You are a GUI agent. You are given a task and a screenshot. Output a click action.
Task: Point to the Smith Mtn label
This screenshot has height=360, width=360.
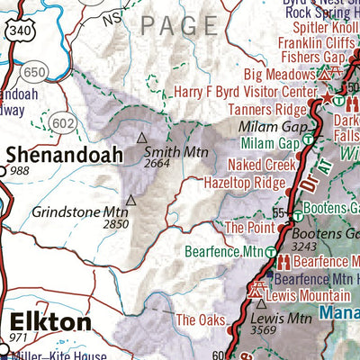(169, 151)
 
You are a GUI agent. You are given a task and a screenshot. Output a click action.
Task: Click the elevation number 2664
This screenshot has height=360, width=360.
(157, 163)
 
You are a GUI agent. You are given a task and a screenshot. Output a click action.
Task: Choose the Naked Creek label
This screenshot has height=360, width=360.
(263, 165)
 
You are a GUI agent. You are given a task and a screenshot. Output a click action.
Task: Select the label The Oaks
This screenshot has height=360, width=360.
(200, 319)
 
